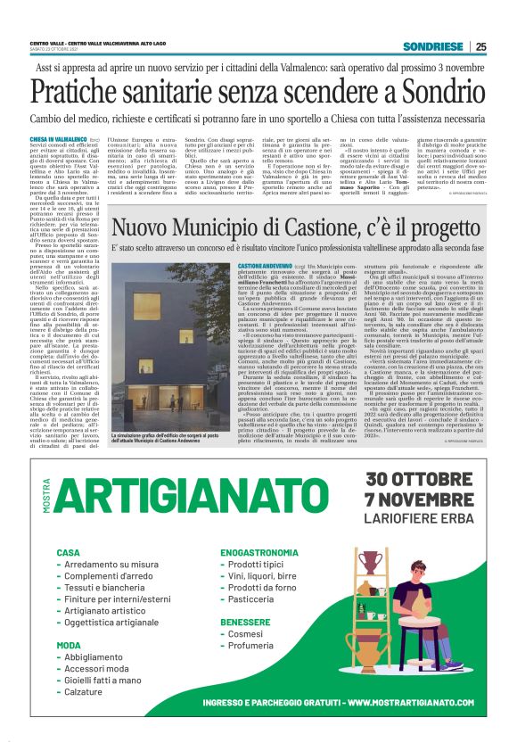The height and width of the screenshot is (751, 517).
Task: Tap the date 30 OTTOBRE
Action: coord(419,477)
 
